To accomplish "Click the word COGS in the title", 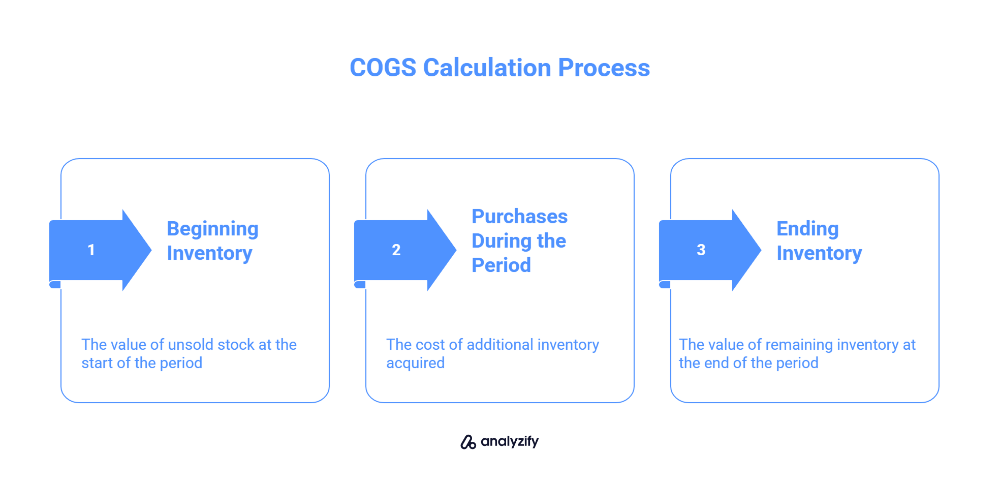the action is point(383,68).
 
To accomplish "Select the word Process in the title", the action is point(604,68).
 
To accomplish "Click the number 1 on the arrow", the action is point(91,250).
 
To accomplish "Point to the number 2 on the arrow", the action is point(396,250).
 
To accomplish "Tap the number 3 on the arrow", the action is point(701,250).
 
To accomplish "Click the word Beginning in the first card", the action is point(212,230).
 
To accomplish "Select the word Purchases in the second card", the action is point(519,216).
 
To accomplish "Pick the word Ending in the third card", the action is point(807,230).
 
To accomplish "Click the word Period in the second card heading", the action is point(501,265).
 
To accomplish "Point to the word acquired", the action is point(415,364).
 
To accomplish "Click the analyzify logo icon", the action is point(468,442).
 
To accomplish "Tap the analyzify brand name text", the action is point(510,441).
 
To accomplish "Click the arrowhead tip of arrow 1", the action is point(151,250).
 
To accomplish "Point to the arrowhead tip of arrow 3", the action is point(761,250).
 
